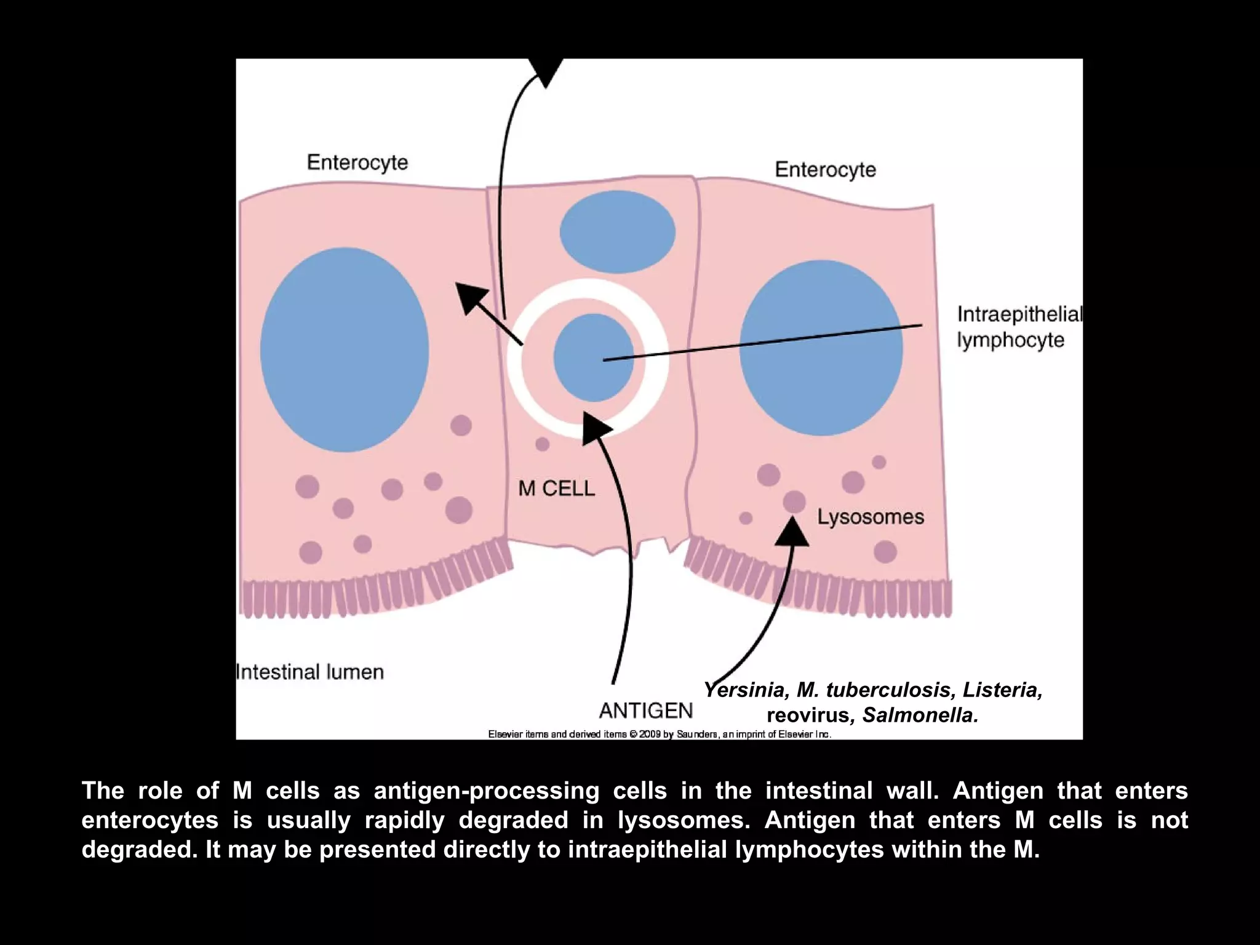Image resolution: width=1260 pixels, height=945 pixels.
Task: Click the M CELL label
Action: tap(557, 488)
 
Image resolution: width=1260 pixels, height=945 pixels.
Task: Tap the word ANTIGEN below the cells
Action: tap(646, 711)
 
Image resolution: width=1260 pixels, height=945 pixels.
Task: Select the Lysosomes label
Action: tap(871, 517)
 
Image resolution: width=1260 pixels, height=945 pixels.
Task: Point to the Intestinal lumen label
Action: tap(310, 672)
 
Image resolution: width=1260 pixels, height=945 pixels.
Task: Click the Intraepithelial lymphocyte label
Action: tap(1019, 327)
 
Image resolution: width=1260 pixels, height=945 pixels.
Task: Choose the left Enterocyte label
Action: tap(357, 162)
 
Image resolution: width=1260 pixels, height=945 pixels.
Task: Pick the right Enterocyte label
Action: tap(825, 169)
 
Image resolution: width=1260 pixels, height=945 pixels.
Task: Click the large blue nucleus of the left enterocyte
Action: tap(345, 349)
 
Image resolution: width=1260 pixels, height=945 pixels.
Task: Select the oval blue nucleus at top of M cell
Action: tap(617, 232)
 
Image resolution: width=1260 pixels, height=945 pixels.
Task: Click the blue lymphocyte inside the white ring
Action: tap(593, 357)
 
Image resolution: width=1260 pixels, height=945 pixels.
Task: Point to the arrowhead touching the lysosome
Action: tap(792, 531)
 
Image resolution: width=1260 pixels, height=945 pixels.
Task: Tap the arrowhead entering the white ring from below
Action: tap(596, 428)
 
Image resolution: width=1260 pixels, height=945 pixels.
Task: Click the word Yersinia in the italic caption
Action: tap(745, 690)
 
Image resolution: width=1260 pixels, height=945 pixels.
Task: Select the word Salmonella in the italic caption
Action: tap(920, 716)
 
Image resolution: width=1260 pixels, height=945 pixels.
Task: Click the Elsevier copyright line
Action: tap(660, 734)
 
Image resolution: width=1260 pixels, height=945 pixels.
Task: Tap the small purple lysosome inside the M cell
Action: tap(542, 444)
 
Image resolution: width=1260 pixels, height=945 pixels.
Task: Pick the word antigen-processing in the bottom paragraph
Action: tap(487, 791)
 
